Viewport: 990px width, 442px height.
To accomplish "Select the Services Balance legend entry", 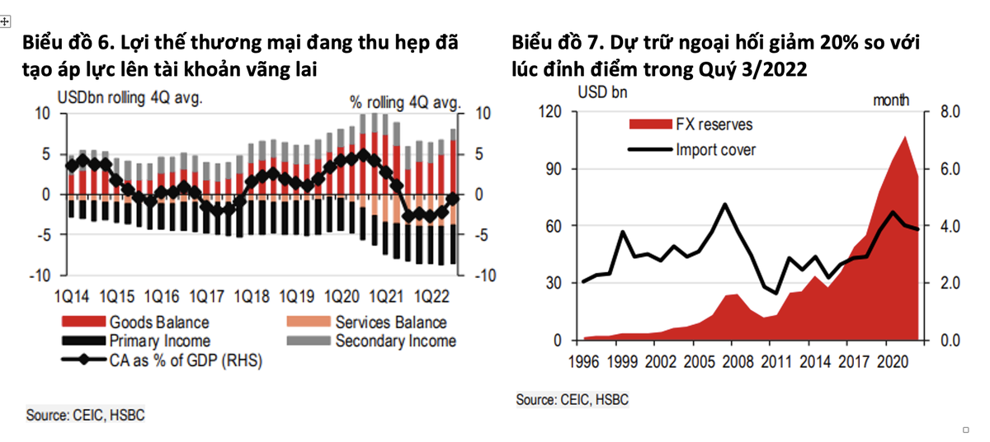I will pos(390,322).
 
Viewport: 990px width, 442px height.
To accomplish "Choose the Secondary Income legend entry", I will pos(395,341).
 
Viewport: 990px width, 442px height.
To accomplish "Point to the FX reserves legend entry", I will pos(714,125).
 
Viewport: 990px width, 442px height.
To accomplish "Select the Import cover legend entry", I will pos(715,149).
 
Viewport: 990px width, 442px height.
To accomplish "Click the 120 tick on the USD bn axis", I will pos(550,112).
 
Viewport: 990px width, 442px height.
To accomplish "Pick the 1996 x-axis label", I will pos(583,360).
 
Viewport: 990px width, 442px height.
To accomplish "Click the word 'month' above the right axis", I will pos(891,100).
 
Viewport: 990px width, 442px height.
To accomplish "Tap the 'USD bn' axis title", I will pos(601,92).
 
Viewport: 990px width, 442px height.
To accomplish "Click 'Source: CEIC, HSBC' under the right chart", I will pos(573,400).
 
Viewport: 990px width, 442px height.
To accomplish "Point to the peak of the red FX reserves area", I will pos(905,137).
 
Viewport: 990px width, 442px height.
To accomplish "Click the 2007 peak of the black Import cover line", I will pos(724,204).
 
